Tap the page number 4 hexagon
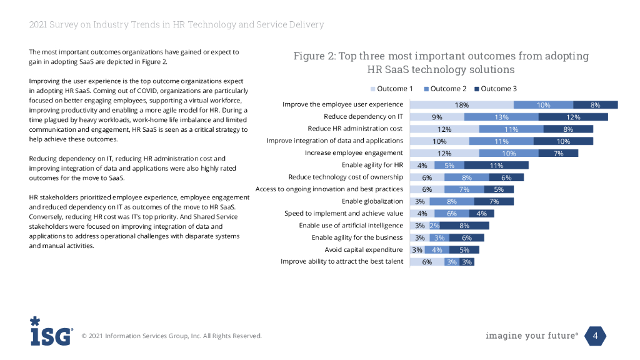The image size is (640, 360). [x=595, y=336]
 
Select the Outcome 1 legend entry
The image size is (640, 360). [x=393, y=89]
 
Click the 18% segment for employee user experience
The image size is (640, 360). [x=462, y=105]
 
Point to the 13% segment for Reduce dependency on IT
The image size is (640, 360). [x=501, y=117]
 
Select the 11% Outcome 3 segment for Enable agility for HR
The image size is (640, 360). [x=496, y=166]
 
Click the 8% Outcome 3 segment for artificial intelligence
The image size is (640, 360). [x=464, y=226]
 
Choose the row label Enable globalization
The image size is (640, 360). [x=372, y=201]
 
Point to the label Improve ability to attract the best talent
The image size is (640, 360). [x=341, y=262]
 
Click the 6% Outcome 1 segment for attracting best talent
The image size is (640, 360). [x=427, y=262]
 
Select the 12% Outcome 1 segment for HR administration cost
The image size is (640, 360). [x=444, y=129]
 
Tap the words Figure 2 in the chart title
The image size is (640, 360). [x=314, y=56]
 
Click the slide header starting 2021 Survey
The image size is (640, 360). [x=176, y=24]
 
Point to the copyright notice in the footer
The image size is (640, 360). [x=172, y=336]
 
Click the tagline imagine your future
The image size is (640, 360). [x=531, y=336]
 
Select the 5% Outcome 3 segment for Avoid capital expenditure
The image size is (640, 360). [x=464, y=249]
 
